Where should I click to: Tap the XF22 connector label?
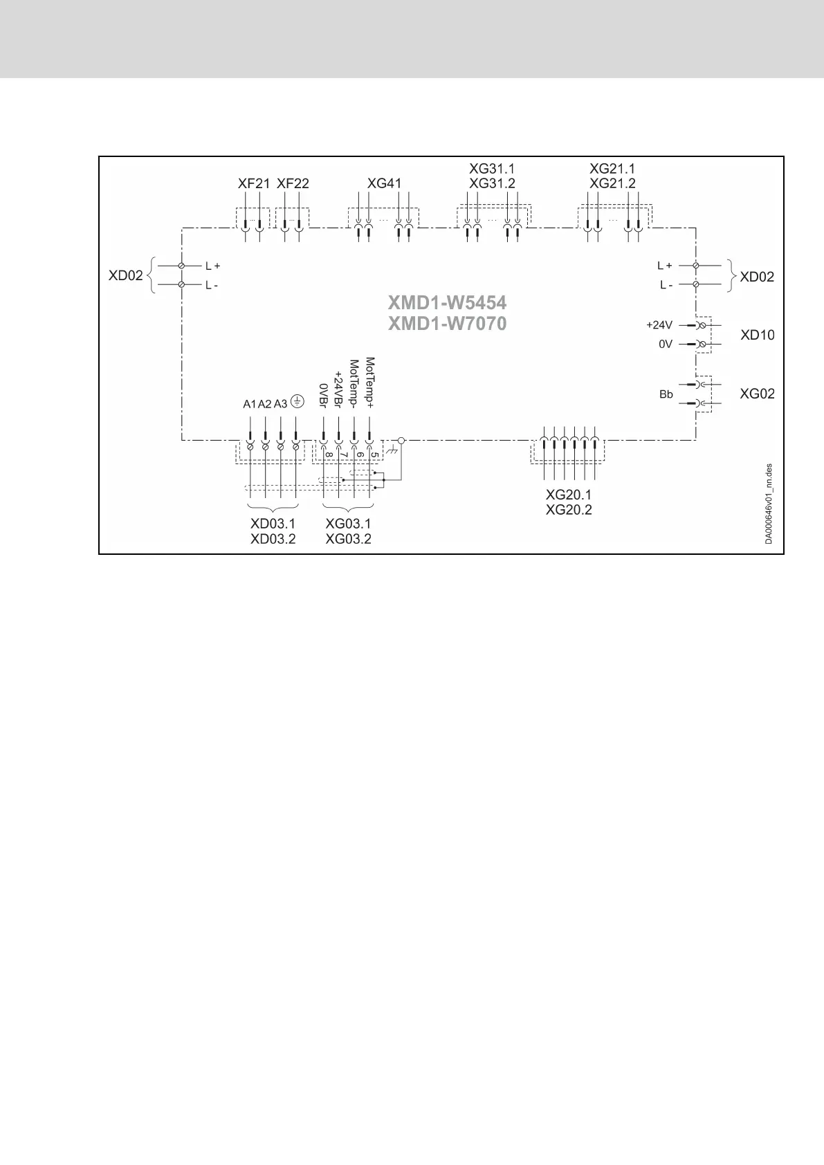(293, 184)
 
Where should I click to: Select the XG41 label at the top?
(384, 184)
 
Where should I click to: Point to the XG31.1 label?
(492, 169)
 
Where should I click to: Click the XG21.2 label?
(612, 183)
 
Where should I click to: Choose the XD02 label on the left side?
(125, 275)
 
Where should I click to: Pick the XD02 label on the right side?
(757, 277)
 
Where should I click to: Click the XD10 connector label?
(758, 335)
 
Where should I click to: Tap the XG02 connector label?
(757, 394)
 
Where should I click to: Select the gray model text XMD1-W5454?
(447, 303)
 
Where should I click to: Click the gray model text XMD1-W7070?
(447, 323)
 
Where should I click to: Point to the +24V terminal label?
(659, 324)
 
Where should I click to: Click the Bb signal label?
(666, 394)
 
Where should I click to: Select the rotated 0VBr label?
(322, 396)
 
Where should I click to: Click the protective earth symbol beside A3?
(296, 401)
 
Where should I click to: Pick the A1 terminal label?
(249, 404)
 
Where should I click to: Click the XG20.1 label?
(569, 495)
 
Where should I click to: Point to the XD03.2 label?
(273, 539)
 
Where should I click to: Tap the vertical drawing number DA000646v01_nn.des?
(769, 504)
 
